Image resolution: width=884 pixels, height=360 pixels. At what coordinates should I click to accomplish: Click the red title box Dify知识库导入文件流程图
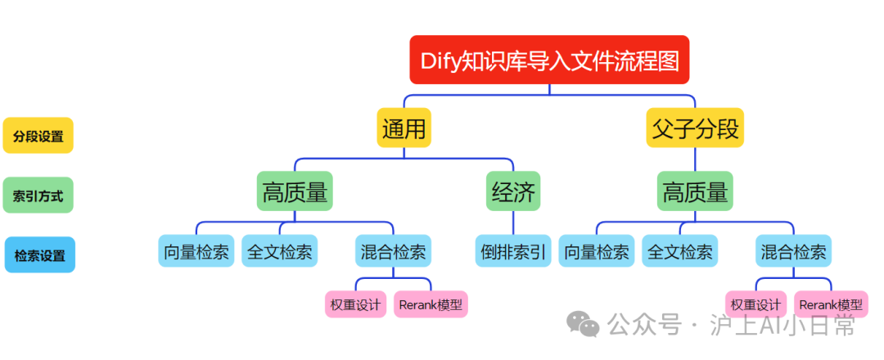(x=549, y=60)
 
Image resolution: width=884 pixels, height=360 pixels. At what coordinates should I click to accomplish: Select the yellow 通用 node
(x=404, y=128)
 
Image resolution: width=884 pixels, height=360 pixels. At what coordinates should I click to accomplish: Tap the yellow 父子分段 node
(x=695, y=128)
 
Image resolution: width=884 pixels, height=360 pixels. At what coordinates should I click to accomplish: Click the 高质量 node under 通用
(x=295, y=191)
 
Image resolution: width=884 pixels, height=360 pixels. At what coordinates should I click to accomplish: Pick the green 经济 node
(x=513, y=191)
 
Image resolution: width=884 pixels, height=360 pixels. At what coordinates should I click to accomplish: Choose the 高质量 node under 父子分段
(x=695, y=191)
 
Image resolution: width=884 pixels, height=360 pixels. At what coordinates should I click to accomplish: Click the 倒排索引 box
(x=513, y=252)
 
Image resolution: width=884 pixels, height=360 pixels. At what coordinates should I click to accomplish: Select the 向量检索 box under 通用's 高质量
(x=196, y=252)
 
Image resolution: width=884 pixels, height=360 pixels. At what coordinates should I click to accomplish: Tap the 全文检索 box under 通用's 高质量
(x=279, y=252)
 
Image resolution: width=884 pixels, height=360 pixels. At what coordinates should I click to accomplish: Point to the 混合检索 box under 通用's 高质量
(x=394, y=252)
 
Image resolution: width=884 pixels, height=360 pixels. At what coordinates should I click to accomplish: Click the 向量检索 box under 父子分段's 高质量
(x=596, y=252)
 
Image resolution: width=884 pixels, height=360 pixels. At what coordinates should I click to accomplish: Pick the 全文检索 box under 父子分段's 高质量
(x=679, y=252)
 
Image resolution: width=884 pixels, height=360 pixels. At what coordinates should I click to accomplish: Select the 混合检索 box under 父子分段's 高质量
(x=793, y=252)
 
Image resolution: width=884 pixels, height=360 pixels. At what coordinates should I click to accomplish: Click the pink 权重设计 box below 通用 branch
(x=356, y=305)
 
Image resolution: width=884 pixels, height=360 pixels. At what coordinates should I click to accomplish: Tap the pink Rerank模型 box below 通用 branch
(x=431, y=305)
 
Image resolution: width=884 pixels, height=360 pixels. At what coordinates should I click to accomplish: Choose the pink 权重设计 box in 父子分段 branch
(x=755, y=305)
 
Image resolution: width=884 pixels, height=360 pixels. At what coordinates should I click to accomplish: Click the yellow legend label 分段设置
(x=38, y=136)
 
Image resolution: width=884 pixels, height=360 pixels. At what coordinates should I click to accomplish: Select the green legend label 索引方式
(x=38, y=196)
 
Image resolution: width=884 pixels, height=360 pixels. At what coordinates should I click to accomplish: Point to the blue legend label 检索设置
(x=39, y=255)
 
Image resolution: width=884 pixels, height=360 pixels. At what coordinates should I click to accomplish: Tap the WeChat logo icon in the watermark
(x=584, y=325)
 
